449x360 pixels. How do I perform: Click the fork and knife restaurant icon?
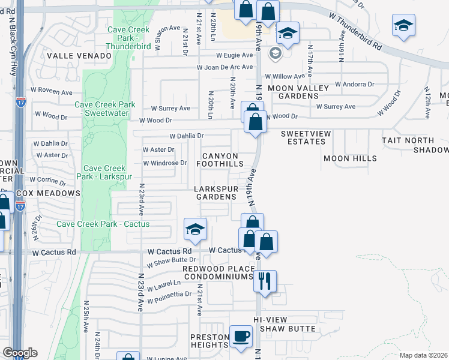(x=264, y=280)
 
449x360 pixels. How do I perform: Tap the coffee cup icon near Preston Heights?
(x=242, y=337)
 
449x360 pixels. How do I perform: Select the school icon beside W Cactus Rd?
(x=195, y=229)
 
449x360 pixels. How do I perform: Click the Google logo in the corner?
(x=20, y=353)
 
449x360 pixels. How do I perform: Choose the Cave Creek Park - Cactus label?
(x=103, y=224)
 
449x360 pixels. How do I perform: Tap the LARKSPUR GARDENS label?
(x=215, y=193)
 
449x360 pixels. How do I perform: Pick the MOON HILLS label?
(x=350, y=158)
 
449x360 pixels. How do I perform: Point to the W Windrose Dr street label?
(x=164, y=163)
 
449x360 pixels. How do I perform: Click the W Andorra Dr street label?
(x=354, y=85)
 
